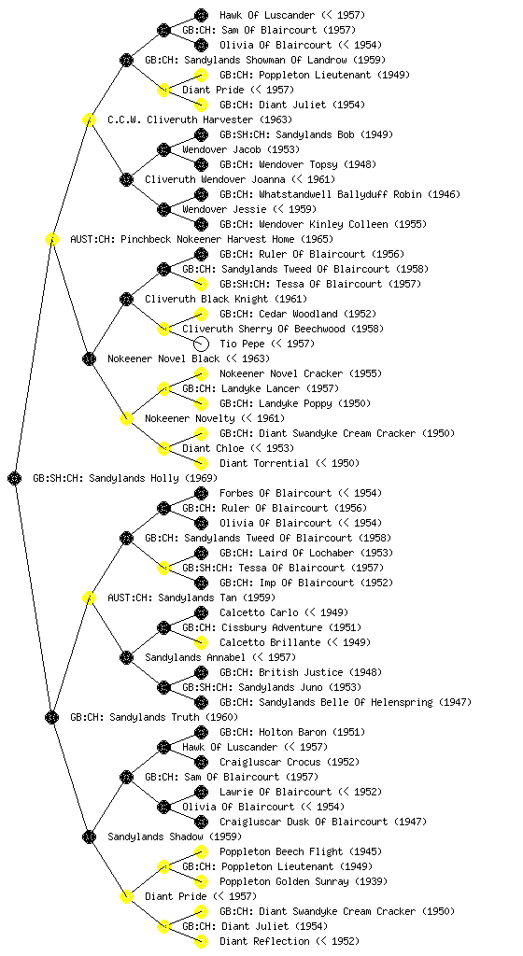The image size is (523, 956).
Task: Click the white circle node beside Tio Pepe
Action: (x=201, y=344)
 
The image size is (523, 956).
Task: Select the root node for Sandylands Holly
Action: (x=15, y=478)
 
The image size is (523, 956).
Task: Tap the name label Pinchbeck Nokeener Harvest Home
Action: (x=207, y=239)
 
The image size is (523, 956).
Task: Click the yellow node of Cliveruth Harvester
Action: (x=89, y=119)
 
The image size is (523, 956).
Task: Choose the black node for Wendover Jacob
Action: (x=163, y=149)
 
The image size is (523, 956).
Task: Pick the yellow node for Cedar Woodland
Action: (x=201, y=314)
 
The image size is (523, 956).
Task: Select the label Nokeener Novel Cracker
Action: (x=281, y=373)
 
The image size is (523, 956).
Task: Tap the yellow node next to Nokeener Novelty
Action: (x=126, y=418)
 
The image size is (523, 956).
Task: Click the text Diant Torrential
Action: (x=264, y=463)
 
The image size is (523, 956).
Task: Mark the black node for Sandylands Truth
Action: (x=51, y=717)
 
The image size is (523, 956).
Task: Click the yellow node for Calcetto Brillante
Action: (x=201, y=642)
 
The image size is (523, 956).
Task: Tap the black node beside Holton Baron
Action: (x=201, y=732)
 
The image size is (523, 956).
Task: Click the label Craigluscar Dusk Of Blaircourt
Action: (x=304, y=822)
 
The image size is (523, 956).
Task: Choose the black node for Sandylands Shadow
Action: (x=89, y=836)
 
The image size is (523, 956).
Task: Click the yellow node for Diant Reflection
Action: (x=201, y=941)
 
